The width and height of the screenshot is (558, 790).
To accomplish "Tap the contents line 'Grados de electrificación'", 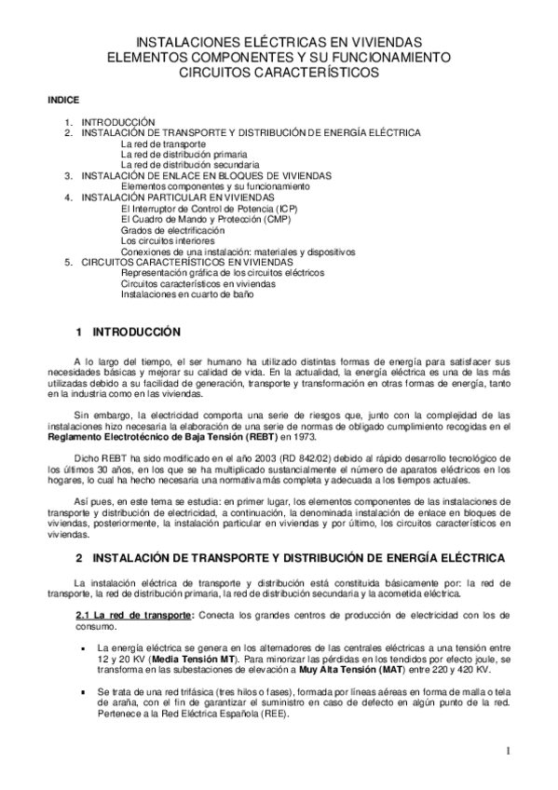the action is point(172,229).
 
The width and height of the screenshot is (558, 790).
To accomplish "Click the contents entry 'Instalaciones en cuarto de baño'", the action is point(186,294).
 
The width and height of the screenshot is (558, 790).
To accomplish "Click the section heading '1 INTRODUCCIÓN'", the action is point(125,331).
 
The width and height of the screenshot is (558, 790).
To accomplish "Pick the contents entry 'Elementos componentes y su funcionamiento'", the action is point(214,186).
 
